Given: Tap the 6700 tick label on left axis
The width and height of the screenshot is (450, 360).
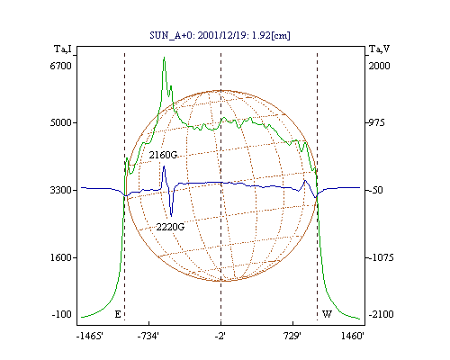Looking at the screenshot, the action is (61, 66).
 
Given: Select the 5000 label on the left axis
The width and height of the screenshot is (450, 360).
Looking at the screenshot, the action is (61, 122).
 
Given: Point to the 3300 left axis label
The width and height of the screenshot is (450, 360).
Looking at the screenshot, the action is (61, 190).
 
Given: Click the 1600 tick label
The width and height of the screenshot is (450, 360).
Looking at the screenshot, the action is (61, 257).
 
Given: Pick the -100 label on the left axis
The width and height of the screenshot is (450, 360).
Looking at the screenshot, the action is (62, 314).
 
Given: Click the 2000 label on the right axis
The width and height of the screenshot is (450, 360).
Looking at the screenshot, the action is (379, 66).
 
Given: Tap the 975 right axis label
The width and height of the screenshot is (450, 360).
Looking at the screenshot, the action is (376, 122).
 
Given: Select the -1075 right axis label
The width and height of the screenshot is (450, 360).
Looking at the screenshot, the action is (381, 257).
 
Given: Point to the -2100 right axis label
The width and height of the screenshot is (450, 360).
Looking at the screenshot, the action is (381, 314).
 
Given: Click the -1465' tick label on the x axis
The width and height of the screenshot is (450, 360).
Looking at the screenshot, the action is (90, 336).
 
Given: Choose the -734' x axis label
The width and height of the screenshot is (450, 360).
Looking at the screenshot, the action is (148, 336).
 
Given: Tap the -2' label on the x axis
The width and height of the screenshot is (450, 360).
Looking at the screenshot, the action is (220, 336).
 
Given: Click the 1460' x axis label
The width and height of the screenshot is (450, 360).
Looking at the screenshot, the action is (353, 336).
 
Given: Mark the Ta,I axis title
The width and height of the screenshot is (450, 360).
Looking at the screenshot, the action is (63, 49).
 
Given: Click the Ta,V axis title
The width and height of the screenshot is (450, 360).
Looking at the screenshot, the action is (379, 49).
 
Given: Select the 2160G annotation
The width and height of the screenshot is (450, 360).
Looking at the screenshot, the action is (163, 155).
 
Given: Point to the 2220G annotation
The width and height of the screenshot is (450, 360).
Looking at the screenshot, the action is (170, 227).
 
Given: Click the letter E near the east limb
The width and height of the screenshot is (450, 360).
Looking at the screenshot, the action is (118, 314).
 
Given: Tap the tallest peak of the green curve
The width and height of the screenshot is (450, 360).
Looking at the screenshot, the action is (164, 57).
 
